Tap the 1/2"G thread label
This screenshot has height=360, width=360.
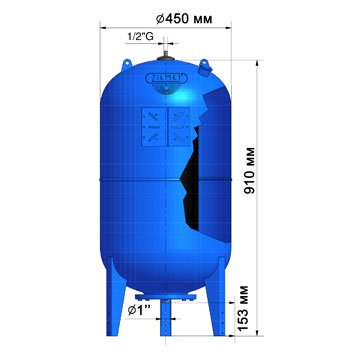139,38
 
